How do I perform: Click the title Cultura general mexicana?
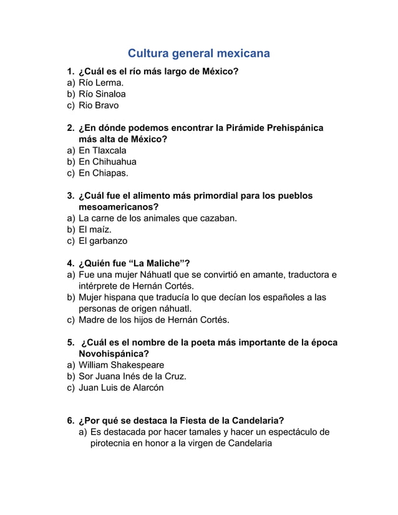click(x=198, y=54)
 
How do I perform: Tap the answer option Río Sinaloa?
click(x=102, y=94)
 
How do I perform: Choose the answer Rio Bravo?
click(x=99, y=105)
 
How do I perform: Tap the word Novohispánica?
click(x=114, y=354)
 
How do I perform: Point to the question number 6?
click(x=70, y=420)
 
